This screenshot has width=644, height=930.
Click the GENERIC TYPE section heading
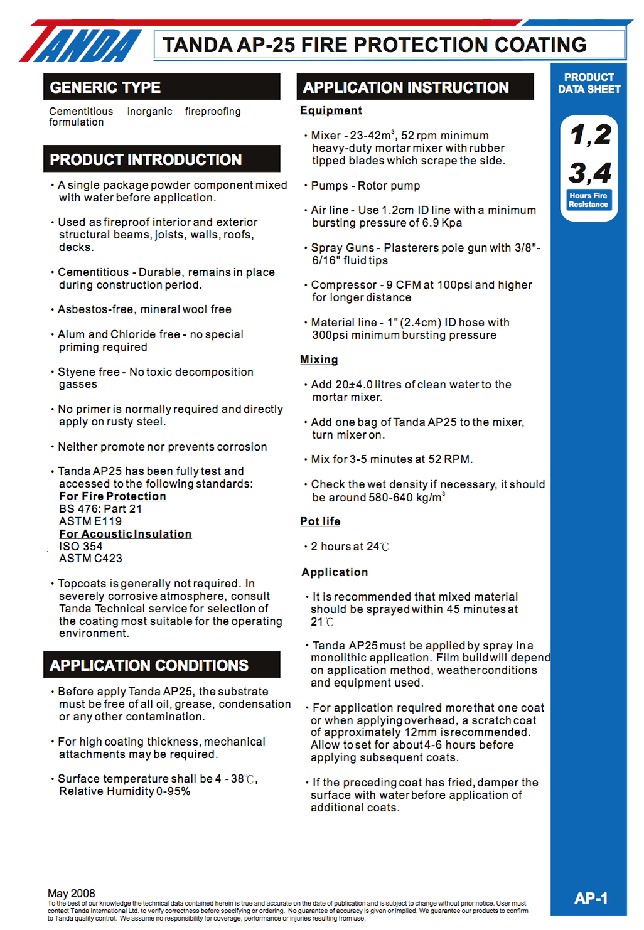105,87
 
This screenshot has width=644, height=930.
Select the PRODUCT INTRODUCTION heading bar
146,159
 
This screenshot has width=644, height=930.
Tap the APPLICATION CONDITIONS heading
149,665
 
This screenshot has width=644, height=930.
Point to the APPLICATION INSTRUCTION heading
405,87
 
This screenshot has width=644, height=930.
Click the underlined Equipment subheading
331,110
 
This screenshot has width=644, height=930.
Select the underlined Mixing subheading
319,360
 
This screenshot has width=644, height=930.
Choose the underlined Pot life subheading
320,521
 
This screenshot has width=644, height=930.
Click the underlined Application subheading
335,572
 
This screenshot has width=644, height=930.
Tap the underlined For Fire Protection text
112,496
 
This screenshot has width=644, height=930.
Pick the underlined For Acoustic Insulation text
125,534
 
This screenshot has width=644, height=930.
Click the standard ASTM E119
90,521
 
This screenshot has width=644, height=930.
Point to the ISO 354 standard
81,547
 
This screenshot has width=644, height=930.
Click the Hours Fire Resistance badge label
588,200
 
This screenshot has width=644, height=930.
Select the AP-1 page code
591,898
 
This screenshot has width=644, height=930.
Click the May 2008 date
72,893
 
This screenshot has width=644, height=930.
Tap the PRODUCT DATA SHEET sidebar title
589,83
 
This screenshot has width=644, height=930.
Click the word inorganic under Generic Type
149,112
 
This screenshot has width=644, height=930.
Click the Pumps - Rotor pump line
365,186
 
